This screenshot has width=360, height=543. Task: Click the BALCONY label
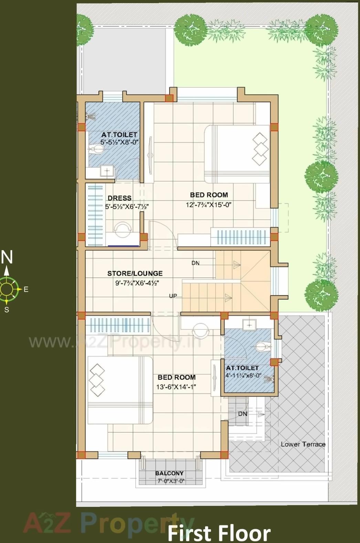coord(169,473)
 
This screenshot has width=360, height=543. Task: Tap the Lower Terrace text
coord(303,444)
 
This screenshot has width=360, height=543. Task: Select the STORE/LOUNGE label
coord(135,273)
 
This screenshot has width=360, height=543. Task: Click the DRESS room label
coord(119,198)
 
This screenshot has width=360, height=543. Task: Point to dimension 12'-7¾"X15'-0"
coord(209,205)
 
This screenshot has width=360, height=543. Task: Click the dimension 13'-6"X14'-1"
coord(176,387)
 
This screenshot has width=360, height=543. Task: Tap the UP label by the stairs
coord(173,296)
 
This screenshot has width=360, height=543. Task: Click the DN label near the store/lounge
coord(195,263)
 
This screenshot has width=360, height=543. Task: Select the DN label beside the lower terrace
coord(243,414)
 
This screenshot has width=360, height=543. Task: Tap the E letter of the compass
coord(26,289)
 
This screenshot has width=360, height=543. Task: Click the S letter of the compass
coord(7,310)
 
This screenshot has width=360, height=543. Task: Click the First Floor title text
coord(219,533)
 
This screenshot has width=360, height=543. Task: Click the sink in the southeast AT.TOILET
coord(249,324)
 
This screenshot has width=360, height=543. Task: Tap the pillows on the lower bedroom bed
coord(97,380)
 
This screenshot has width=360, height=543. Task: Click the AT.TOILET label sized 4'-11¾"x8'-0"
coord(242,368)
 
